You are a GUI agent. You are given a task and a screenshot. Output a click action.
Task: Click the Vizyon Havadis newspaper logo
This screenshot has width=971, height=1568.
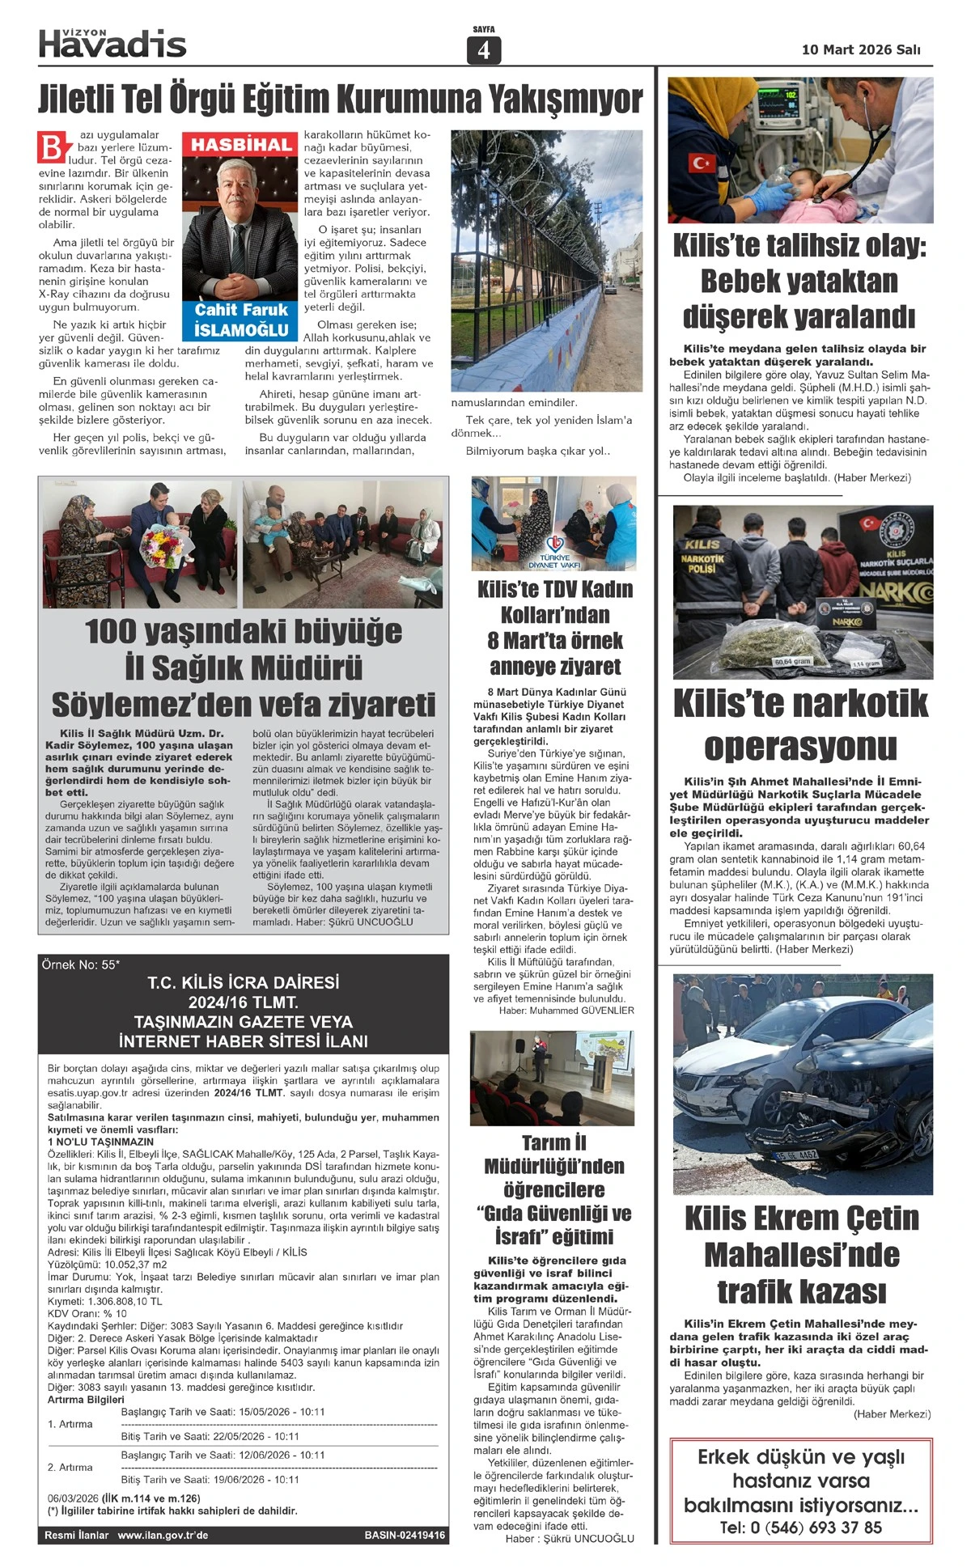(x=112, y=44)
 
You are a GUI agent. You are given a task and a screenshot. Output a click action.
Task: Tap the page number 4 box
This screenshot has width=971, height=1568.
(x=484, y=50)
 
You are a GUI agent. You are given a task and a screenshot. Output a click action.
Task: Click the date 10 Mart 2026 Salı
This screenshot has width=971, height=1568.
(x=860, y=50)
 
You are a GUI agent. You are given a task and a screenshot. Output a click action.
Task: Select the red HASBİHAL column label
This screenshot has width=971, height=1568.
(x=241, y=146)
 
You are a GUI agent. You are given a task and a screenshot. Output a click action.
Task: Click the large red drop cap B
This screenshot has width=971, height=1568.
(x=52, y=149)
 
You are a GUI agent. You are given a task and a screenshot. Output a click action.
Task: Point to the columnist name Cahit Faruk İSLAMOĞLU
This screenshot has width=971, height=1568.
(x=241, y=320)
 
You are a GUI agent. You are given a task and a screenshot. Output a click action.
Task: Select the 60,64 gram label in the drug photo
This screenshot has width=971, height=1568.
(x=793, y=661)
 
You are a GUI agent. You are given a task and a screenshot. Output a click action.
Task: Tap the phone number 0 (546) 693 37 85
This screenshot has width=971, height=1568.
(x=801, y=1527)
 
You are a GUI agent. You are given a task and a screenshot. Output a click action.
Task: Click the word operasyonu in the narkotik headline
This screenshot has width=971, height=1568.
(x=800, y=746)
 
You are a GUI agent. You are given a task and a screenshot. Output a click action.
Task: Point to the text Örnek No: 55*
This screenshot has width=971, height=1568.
(x=81, y=965)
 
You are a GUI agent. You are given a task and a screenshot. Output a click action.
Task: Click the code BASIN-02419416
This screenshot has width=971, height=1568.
(x=405, y=1535)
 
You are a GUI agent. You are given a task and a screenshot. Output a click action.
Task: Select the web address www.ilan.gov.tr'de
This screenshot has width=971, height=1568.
(x=163, y=1535)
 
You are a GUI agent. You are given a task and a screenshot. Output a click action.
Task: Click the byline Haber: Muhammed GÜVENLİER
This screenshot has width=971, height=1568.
(x=566, y=1011)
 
